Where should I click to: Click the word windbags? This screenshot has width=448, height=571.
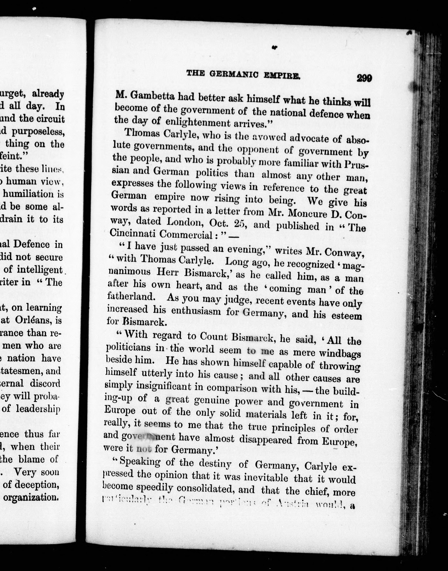340,354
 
